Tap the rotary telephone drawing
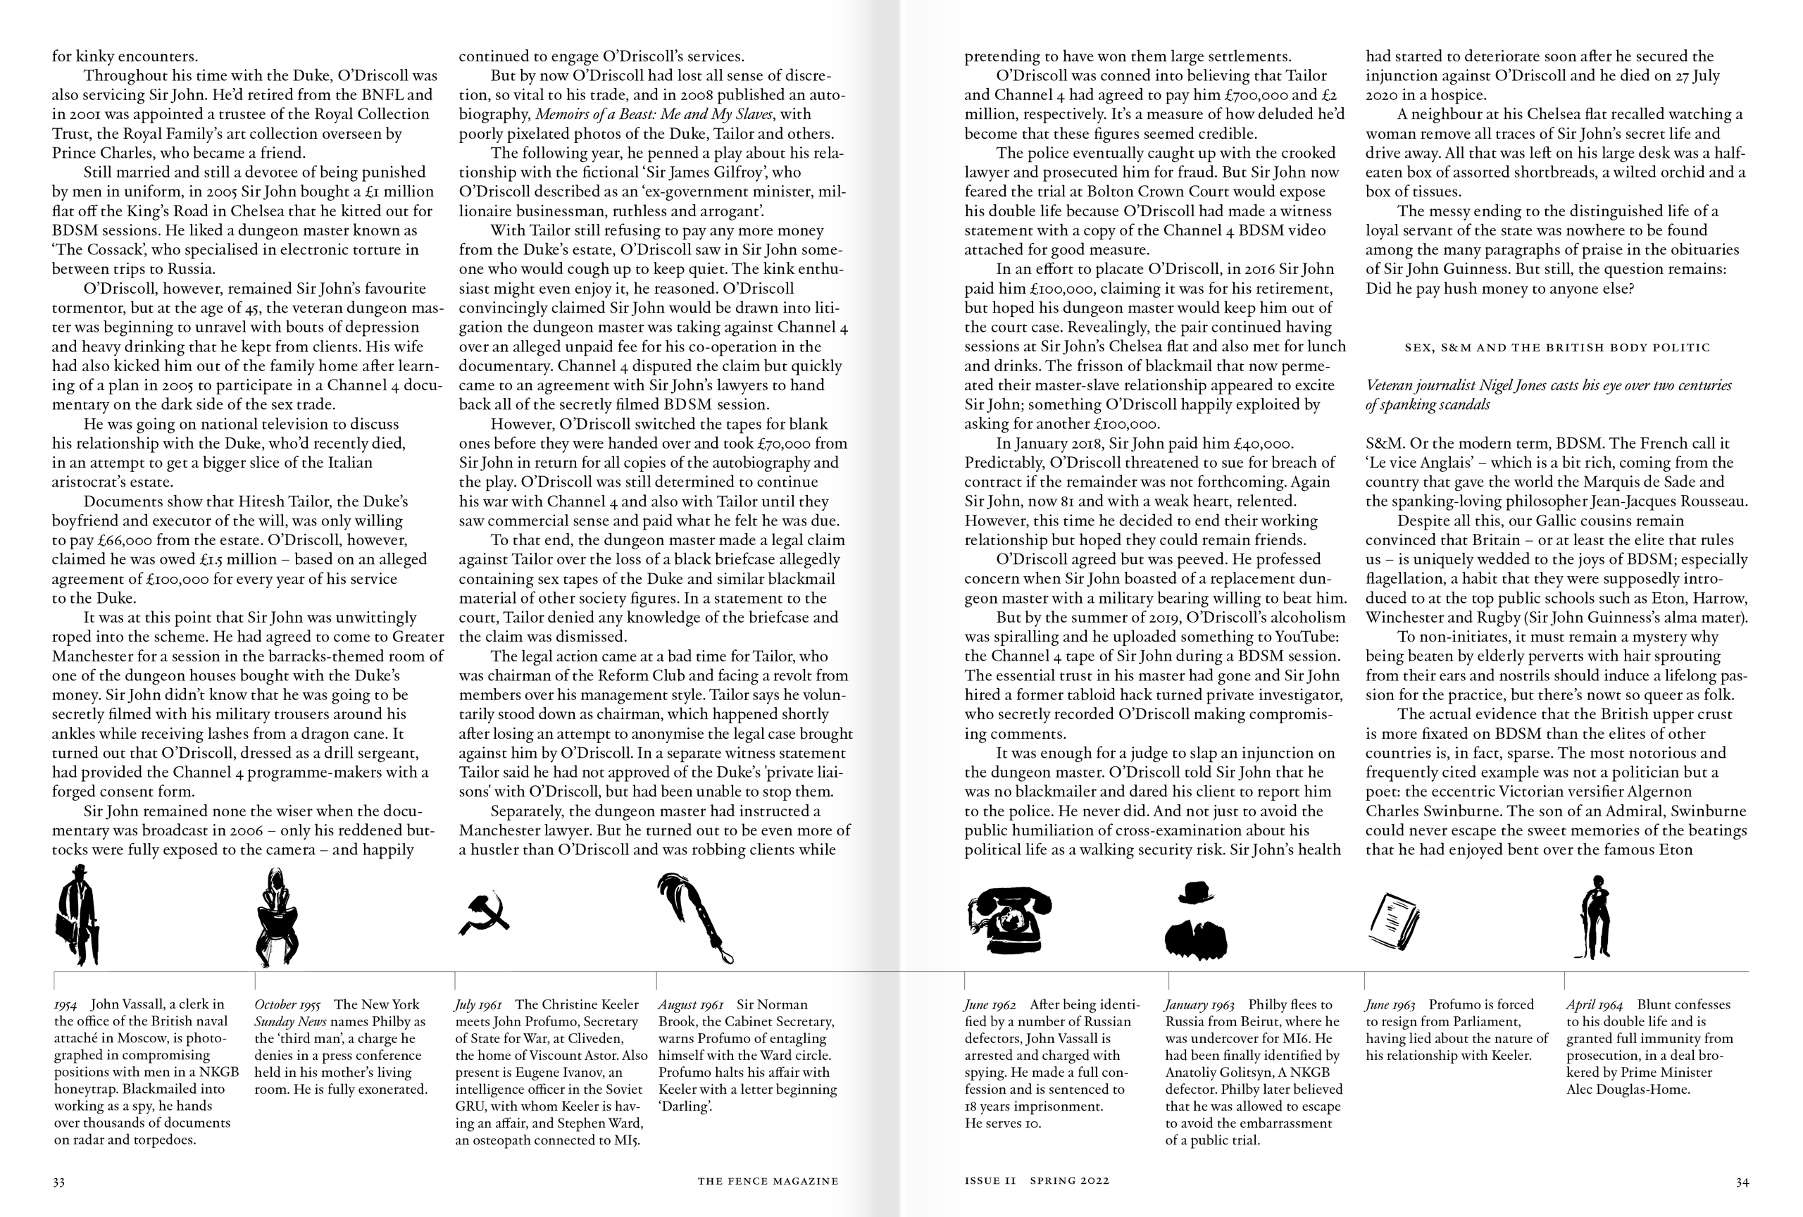point(1009,920)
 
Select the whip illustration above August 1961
point(694,917)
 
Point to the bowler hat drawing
point(1195,893)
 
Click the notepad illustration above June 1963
point(1392,924)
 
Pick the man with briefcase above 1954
point(77,916)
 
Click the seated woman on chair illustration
point(277,918)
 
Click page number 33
point(59,1182)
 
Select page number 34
point(1742,1182)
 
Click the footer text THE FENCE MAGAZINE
point(767,1181)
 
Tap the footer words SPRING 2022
point(1070,1181)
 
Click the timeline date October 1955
point(287,1004)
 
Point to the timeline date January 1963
point(1199,1004)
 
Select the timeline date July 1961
point(478,1004)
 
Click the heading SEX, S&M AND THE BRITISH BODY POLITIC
point(1557,347)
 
